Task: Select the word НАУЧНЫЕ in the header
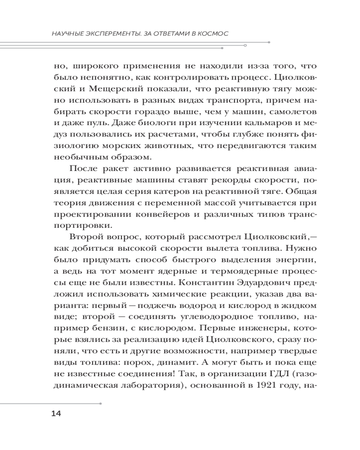(x=67, y=34)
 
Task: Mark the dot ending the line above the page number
(x=100, y=403)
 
